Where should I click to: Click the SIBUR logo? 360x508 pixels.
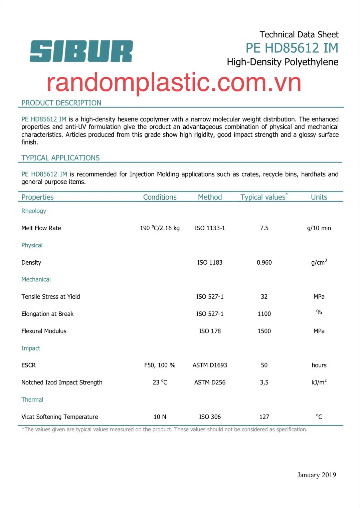coord(81,51)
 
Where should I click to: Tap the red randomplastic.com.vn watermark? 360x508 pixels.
coord(174,82)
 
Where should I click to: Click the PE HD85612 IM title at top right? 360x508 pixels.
coord(292,48)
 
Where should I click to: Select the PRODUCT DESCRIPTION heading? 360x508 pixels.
coord(61,103)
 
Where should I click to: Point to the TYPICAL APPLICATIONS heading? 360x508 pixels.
coord(60,158)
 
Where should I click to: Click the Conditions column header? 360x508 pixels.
coord(160,197)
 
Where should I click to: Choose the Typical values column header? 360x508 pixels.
coord(263,197)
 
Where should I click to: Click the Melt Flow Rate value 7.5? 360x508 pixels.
coord(264,228)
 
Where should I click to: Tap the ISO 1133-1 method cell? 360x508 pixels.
coord(210,228)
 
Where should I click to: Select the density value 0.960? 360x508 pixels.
coord(264,262)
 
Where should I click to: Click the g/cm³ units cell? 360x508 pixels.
coord(319,262)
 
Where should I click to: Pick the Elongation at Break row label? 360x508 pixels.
coord(47,314)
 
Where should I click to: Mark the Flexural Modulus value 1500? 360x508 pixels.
coord(264,331)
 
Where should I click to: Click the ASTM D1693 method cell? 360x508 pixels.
coord(210,365)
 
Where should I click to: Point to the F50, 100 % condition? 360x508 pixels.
coord(160,365)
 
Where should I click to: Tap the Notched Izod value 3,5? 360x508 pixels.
coord(264,383)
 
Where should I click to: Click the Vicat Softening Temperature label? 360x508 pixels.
coord(60,417)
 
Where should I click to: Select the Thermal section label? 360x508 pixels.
coord(32,400)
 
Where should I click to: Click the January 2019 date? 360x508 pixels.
coord(317,475)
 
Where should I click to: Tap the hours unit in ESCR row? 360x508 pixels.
coord(319,365)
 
